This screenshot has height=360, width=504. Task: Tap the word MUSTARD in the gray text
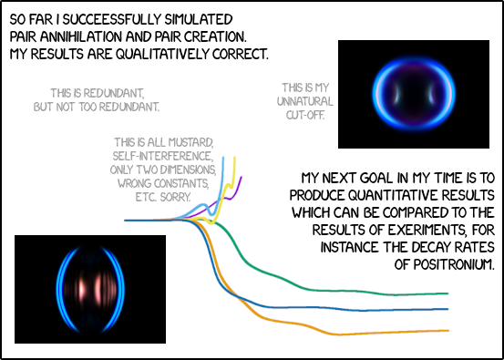[x=190, y=144]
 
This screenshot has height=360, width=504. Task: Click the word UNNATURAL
[x=305, y=101]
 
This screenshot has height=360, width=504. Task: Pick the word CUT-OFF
[x=305, y=116]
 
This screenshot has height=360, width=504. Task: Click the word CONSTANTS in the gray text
[x=188, y=183]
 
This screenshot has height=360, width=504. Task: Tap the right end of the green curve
[x=447, y=293]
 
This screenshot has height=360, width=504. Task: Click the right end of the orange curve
[x=447, y=330]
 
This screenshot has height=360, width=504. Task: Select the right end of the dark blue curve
[x=447, y=308]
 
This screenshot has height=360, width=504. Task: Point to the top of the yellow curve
[x=235, y=158]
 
